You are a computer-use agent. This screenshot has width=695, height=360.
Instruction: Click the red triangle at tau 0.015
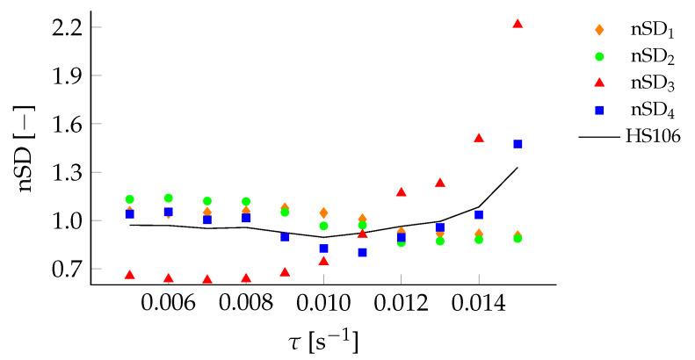(x=518, y=24)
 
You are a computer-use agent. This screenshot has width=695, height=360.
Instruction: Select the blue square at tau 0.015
(x=518, y=144)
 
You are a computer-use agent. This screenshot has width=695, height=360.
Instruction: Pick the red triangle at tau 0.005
(x=130, y=275)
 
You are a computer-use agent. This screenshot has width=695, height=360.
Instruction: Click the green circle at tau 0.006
(x=169, y=198)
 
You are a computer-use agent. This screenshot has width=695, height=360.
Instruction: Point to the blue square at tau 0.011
(x=362, y=252)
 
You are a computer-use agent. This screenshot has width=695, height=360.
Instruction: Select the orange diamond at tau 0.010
(x=323, y=212)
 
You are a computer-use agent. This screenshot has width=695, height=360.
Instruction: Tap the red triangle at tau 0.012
(x=401, y=192)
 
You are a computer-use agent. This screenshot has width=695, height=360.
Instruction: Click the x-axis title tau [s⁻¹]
(x=322, y=339)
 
